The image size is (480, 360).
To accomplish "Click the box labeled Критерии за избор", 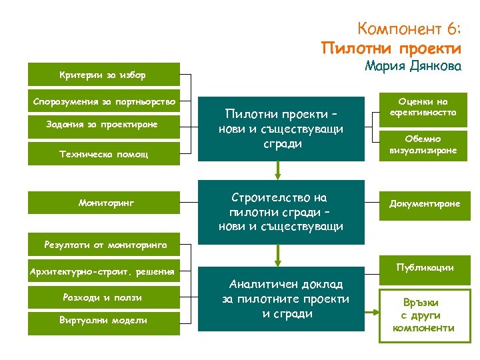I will pos(103,74).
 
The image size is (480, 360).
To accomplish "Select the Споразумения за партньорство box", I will pos(103,101).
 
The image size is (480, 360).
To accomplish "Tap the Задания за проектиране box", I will pos(103,125).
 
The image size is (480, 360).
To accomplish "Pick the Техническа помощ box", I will pos(103,153).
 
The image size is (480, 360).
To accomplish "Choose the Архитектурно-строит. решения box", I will pos(103,271).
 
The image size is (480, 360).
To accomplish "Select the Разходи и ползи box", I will pos(103,297).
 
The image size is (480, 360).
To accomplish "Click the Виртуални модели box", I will pos(103,321).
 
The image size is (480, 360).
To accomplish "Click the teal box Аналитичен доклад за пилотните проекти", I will pos(280,299).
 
